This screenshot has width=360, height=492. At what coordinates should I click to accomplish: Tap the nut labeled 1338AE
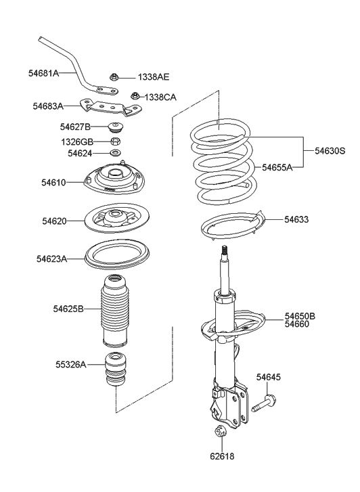115,77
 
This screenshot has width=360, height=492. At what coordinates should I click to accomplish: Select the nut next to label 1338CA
135,97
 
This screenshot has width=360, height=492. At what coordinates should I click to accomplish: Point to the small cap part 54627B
116,127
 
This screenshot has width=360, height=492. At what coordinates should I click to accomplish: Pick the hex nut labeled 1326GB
116,141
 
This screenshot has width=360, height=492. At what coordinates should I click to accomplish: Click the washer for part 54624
116,154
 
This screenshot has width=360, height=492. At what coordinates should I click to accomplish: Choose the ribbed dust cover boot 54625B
112,309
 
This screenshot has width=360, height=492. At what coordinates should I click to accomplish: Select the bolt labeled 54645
266,403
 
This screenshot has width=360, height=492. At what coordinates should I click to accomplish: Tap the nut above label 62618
220,433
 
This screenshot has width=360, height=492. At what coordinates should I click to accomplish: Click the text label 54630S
330,152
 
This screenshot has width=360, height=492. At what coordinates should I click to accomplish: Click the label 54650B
300,316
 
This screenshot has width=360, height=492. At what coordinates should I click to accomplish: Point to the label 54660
296,325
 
